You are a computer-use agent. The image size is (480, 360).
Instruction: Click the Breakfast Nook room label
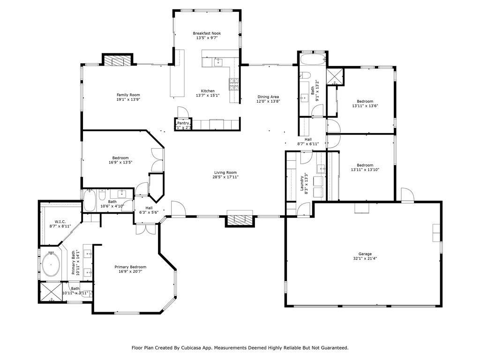tap(207, 33)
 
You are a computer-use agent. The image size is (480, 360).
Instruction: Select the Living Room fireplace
tap(240, 219)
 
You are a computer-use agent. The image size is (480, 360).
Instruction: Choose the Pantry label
tap(183, 123)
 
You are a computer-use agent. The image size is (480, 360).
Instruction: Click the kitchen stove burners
tap(233, 84)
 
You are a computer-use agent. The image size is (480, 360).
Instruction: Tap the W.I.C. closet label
tap(60, 222)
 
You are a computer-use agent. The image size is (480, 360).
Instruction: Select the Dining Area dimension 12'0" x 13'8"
tap(268, 102)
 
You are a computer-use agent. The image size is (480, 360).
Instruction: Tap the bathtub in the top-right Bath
tap(312, 60)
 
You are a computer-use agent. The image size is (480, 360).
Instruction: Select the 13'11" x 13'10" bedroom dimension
tap(365, 170)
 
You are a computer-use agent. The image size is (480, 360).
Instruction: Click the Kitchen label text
tap(208, 91)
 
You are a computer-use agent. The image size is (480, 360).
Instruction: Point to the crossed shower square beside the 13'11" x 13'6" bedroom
tap(335, 76)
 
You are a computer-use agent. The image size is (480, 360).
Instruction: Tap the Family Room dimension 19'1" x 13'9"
tap(128, 99)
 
